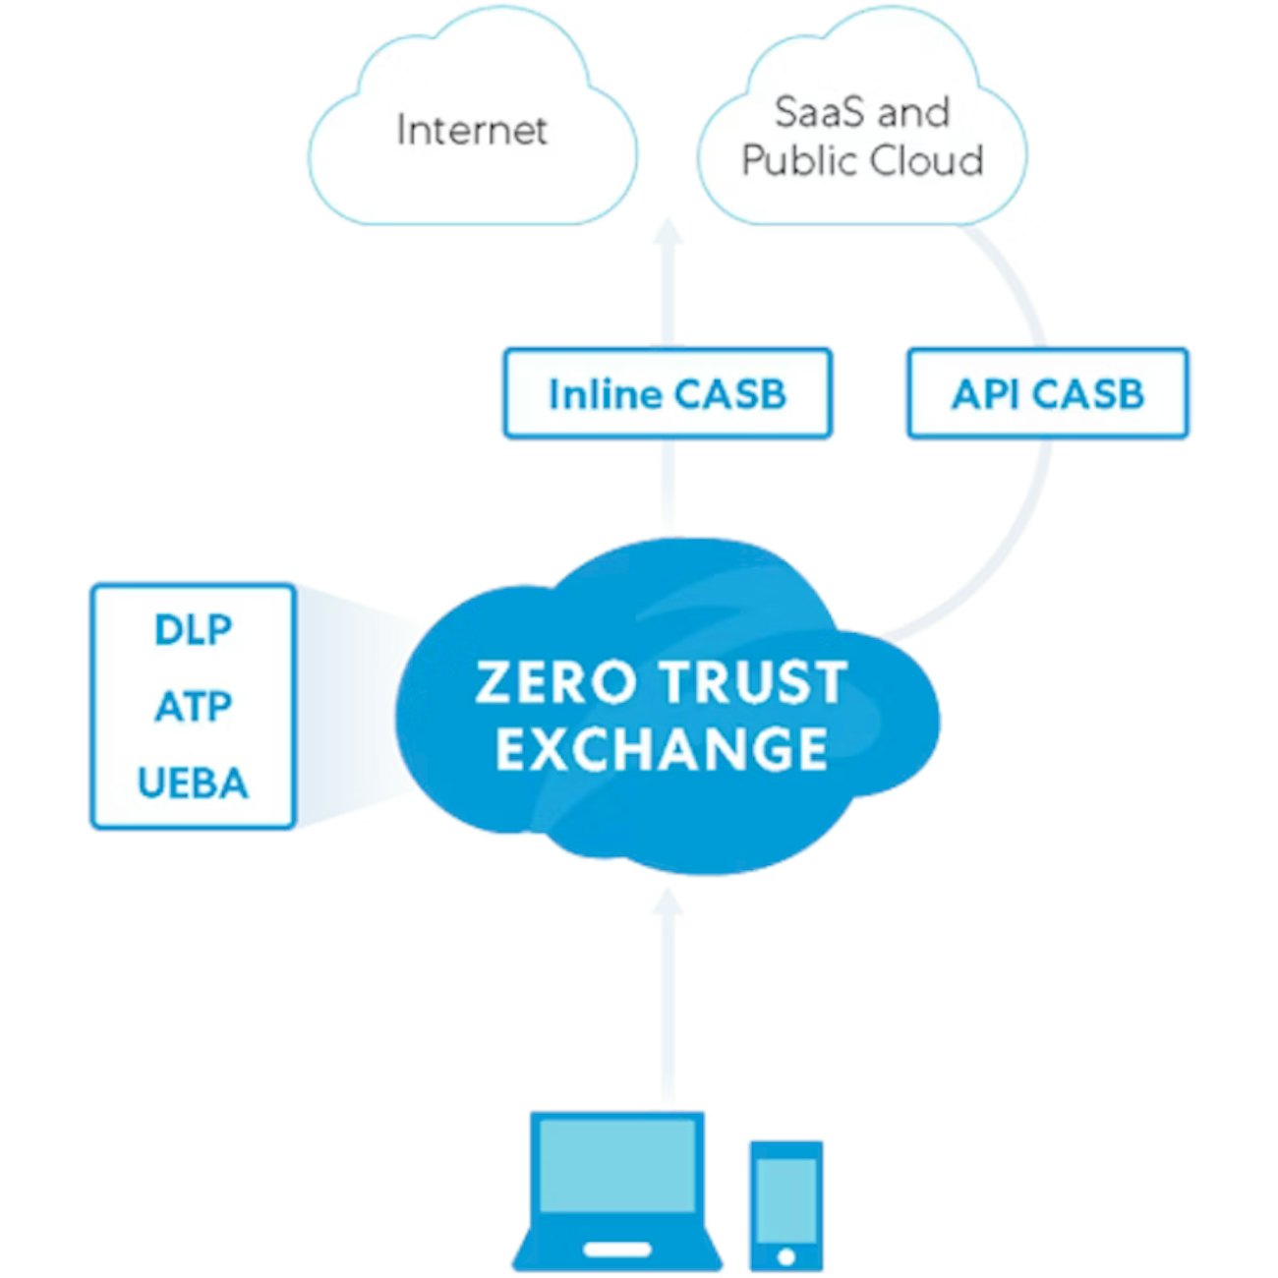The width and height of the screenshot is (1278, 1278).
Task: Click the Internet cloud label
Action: [x=471, y=130]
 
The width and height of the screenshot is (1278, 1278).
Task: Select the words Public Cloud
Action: [x=862, y=160]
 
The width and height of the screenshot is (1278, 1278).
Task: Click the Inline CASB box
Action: [x=668, y=393]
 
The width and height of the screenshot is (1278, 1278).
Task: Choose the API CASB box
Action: [x=1047, y=393]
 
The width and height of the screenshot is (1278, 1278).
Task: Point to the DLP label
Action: [x=193, y=629]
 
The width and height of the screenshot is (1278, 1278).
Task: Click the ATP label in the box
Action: [x=193, y=706]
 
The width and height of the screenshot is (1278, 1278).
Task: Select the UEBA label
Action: [x=193, y=784]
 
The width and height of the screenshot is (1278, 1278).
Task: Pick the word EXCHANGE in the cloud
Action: [x=662, y=749]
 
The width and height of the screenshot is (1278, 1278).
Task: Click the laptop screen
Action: [x=617, y=1164]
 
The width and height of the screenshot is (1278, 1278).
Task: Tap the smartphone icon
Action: [x=785, y=1205]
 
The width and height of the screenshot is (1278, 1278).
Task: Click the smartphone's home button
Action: [x=785, y=1256]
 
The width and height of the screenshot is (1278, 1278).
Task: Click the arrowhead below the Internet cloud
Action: [x=668, y=233]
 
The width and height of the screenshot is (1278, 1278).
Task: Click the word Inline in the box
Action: [x=604, y=393]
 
